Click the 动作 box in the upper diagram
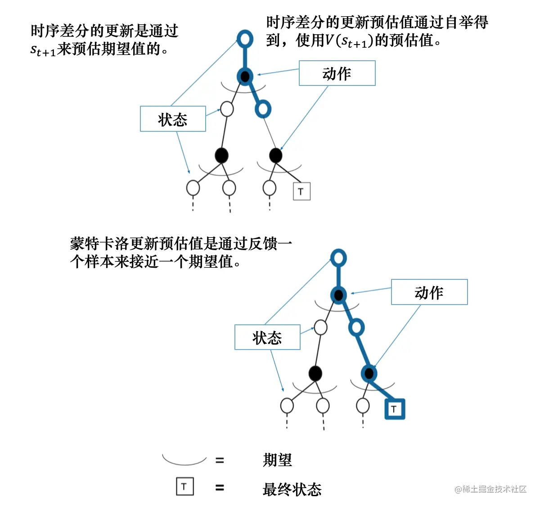337,73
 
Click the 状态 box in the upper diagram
173,119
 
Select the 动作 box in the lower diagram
429,292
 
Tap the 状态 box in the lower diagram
267,337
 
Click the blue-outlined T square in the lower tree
395,409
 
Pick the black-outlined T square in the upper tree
301,191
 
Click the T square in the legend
184,486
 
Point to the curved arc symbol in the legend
184,460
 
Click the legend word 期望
277,460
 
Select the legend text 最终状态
292,489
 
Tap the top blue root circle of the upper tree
245,39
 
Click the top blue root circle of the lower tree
338,258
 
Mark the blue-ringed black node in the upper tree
245,76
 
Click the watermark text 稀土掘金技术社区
494,489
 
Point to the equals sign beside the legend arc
220,460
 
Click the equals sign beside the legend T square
220,488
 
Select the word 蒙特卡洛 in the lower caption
99,243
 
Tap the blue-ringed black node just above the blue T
369,373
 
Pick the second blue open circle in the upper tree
263,108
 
